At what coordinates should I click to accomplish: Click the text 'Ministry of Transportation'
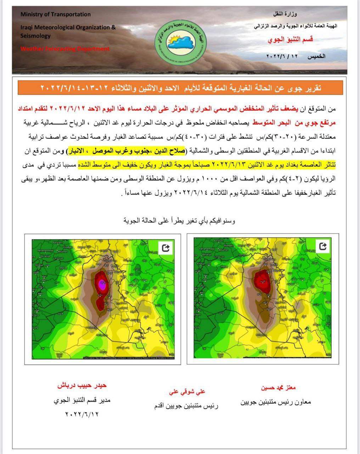point(56,15)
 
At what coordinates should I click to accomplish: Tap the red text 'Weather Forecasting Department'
point(65,49)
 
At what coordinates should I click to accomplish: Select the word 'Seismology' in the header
point(35,36)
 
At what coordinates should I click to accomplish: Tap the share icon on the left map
point(165,248)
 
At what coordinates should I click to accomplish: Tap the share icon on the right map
point(323,246)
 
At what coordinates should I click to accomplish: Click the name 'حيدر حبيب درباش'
point(82,386)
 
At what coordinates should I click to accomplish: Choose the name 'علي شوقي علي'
point(187,392)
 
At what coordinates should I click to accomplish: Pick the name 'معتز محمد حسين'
point(279,388)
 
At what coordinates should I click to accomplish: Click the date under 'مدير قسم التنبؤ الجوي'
point(82,414)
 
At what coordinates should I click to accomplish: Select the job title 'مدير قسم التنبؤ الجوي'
point(82,400)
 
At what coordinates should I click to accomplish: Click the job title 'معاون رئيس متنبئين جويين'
point(275,403)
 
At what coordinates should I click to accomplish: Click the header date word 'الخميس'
point(315,56)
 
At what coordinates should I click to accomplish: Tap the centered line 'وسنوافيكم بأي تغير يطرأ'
point(180,221)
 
